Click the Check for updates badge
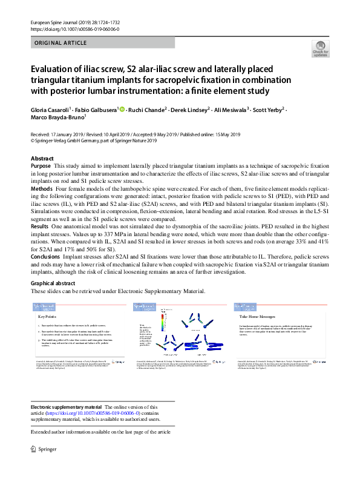[x=321, y=49]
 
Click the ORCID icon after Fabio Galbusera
[x=122, y=110]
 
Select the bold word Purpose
[x=41, y=165]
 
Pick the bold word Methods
[x=41, y=189]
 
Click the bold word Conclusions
[x=45, y=256]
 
